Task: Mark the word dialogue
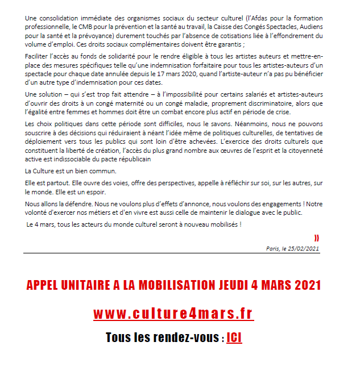click(x=250, y=212)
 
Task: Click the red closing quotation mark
click(x=317, y=237)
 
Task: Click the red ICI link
click(x=234, y=337)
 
